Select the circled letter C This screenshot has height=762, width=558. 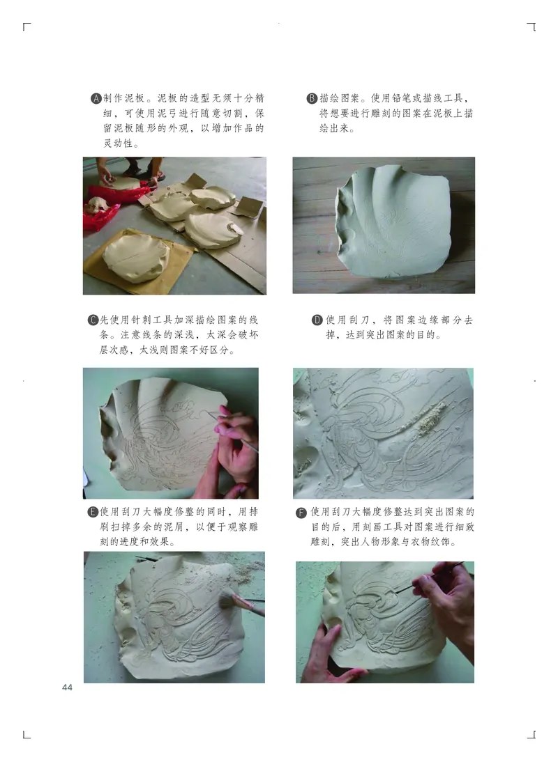(x=93, y=320)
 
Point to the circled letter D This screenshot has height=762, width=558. (x=317, y=320)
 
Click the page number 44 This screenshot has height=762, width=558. (x=67, y=688)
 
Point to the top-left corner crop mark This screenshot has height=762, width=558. (x=27, y=27)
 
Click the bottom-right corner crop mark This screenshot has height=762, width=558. (x=531, y=734)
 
